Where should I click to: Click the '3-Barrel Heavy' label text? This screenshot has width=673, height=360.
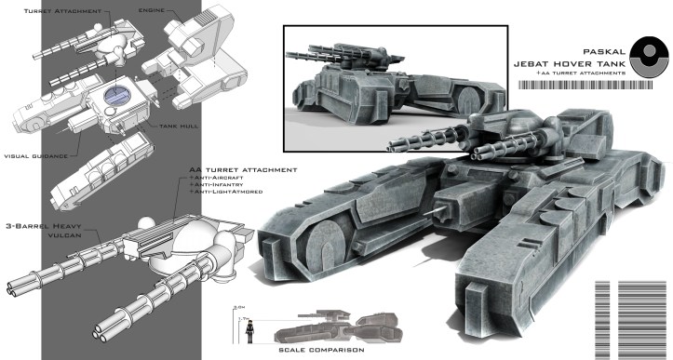click(x=42, y=226)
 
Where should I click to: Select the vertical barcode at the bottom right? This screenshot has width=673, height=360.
click(x=634, y=315)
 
